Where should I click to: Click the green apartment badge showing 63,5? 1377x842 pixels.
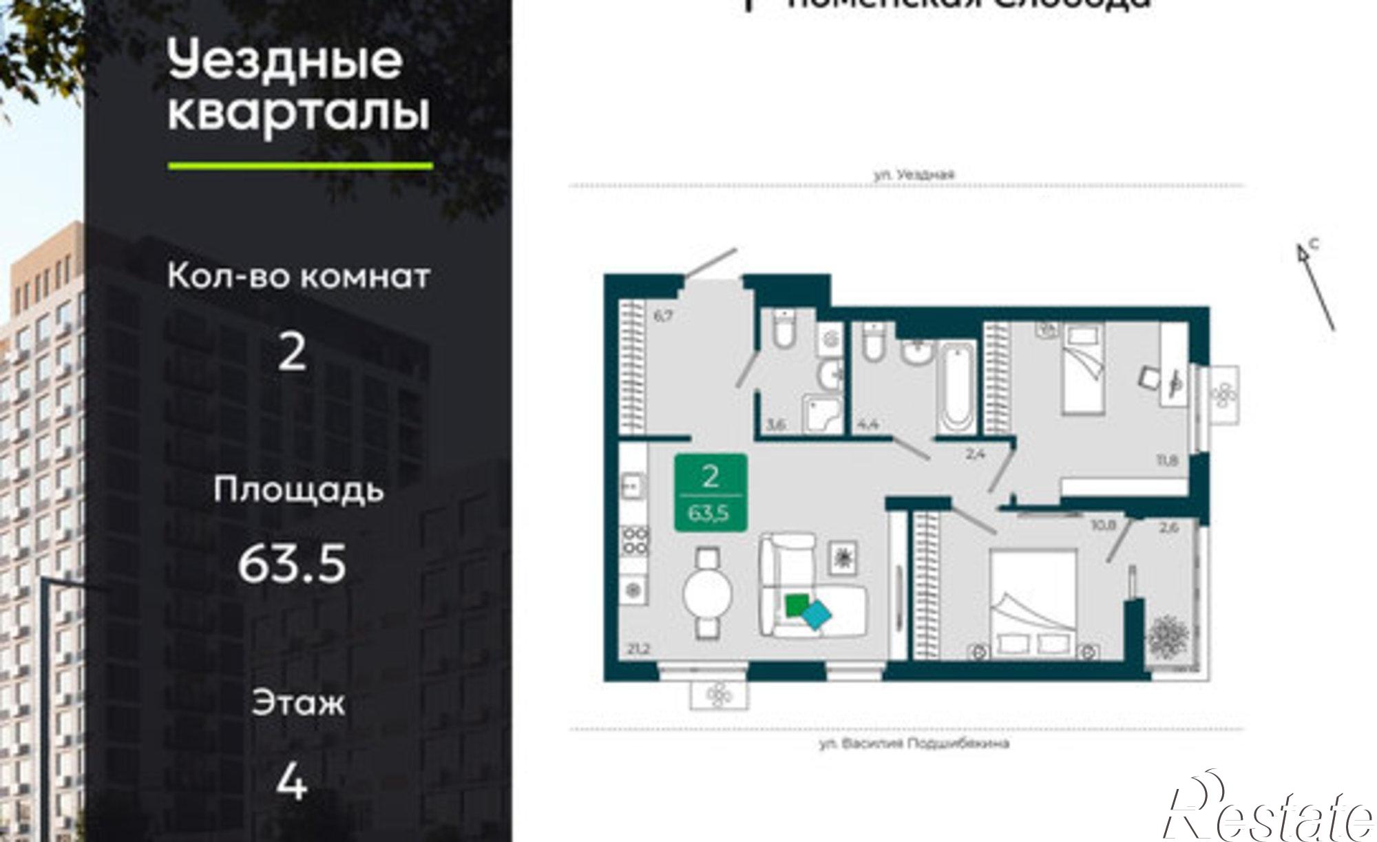coord(711,493)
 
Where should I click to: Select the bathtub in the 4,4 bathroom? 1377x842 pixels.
coord(957,387)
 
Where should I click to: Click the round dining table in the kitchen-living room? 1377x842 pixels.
coord(707,593)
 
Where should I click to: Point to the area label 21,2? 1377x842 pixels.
coord(638,649)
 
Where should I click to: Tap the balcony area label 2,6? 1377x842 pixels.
coord(1168,529)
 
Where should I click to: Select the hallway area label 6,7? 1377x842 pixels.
coord(662,317)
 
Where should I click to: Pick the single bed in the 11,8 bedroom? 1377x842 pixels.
coord(1084,368)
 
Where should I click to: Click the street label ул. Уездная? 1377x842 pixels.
coord(914,175)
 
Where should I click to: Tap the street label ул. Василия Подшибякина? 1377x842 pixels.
coord(914,744)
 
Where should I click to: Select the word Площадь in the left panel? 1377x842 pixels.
coord(297,490)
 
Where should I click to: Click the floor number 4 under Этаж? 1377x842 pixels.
coord(291,782)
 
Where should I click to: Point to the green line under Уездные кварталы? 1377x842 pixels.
coord(300,166)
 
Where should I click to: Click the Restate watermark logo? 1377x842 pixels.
coord(1267,812)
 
